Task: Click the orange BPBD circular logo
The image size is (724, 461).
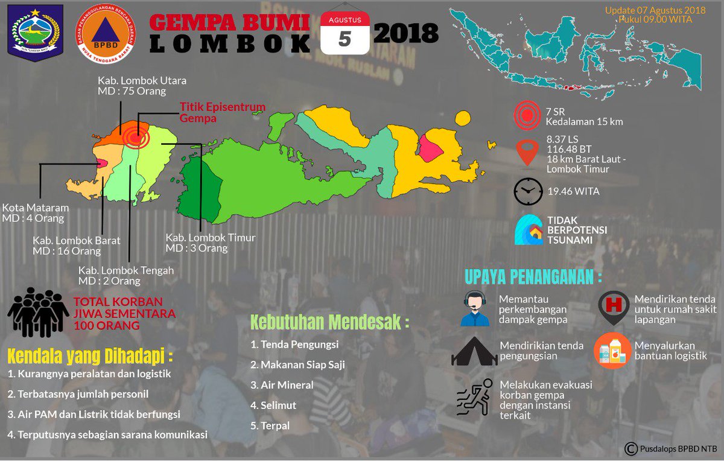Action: pyautogui.click(x=105, y=34)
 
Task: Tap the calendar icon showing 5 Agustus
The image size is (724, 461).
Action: pyautogui.click(x=345, y=33)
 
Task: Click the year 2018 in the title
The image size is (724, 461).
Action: pyautogui.click(x=406, y=34)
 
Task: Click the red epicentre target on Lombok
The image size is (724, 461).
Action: pyautogui.click(x=136, y=138)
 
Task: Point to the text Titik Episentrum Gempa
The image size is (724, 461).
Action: pyautogui.click(x=223, y=113)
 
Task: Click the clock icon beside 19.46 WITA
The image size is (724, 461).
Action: pyautogui.click(x=528, y=191)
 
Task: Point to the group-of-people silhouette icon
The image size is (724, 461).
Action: pyautogui.click(x=38, y=312)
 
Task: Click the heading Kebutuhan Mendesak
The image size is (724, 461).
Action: pyautogui.click(x=329, y=322)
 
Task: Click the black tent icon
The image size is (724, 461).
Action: pyautogui.click(x=474, y=352)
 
